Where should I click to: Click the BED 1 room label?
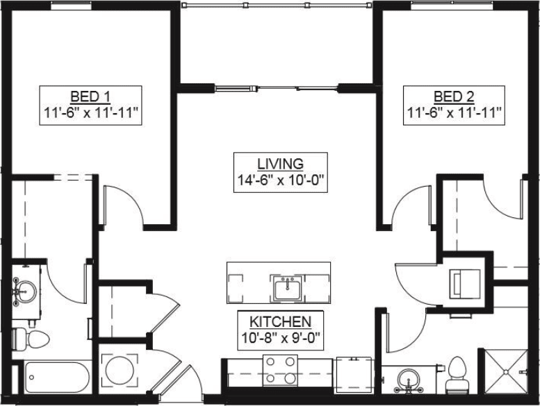90,96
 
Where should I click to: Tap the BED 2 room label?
453,96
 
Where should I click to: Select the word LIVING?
280,164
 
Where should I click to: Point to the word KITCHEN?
280,321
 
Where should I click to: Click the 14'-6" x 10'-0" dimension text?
280,180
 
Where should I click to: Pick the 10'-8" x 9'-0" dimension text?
280,338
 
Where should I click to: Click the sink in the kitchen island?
286,287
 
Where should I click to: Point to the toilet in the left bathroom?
31,339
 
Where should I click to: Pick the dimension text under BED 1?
90,112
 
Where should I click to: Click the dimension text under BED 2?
453,112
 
